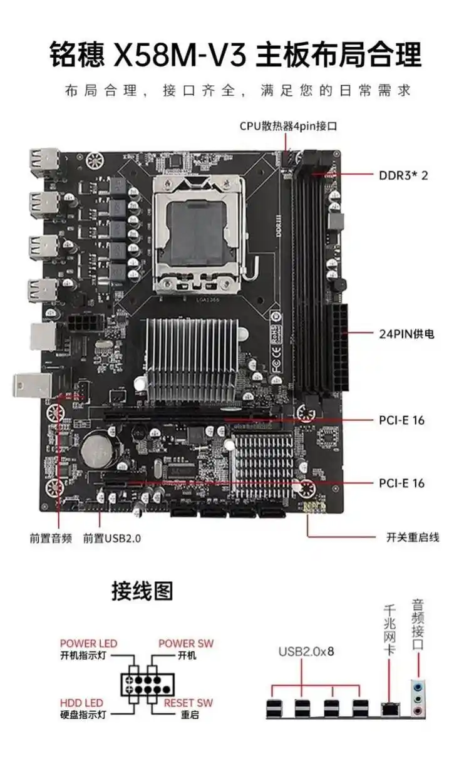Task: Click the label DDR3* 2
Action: click(x=403, y=175)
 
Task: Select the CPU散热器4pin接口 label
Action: click(x=289, y=126)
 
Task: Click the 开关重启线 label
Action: click(x=413, y=537)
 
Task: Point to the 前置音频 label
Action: click(x=51, y=537)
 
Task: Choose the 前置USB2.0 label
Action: click(x=112, y=537)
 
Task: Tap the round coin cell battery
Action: click(x=97, y=448)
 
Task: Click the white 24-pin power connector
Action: click(x=341, y=348)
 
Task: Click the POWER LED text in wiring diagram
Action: click(x=88, y=644)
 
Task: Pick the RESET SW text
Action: click(x=188, y=703)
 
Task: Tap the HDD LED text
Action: click(x=81, y=703)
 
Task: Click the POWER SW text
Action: click(x=185, y=644)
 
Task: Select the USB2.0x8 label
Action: click(x=306, y=651)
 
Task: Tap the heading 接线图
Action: click(x=142, y=591)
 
